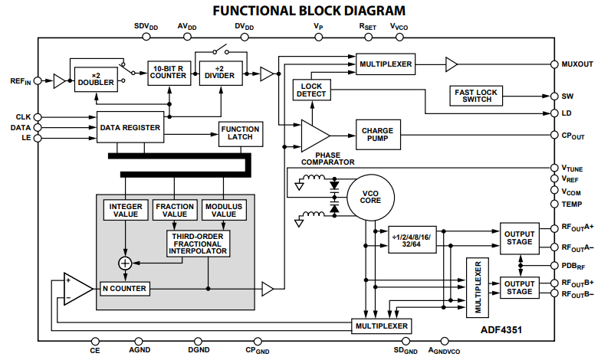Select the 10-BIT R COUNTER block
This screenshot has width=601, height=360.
click(168, 71)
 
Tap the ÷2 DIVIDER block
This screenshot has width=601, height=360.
click(220, 71)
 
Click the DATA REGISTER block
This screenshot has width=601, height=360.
click(129, 127)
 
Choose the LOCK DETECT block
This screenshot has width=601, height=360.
click(312, 90)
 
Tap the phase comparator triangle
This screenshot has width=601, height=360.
click(314, 136)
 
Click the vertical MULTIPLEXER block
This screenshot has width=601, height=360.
click(477, 288)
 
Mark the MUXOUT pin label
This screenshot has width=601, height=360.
click(576, 64)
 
